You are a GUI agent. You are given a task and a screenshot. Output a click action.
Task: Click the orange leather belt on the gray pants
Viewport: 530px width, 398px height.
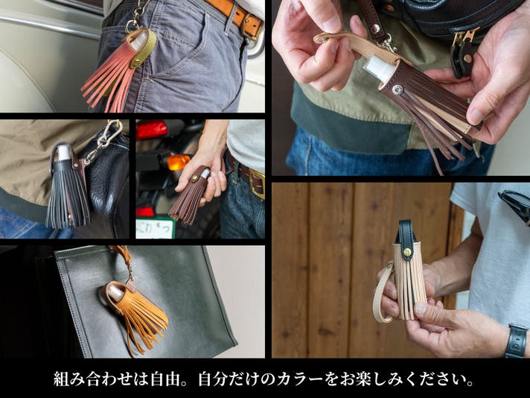[x=237, y=15]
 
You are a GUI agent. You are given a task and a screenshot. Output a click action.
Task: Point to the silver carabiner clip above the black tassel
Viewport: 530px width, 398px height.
[x=105, y=139]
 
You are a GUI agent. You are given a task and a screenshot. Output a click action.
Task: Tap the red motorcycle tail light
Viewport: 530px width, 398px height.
[x=151, y=130]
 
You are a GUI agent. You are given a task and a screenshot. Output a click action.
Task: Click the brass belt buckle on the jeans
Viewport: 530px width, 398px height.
[x=257, y=183]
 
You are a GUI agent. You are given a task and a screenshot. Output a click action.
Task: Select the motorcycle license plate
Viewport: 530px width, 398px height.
[x=156, y=228]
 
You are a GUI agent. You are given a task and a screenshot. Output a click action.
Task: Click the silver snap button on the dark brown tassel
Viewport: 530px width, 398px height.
[x=397, y=89]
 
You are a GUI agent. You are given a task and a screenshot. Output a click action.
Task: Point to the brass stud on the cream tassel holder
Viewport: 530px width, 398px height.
[x=408, y=252]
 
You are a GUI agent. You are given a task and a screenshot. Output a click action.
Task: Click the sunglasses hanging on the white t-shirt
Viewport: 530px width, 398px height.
[x=514, y=205]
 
